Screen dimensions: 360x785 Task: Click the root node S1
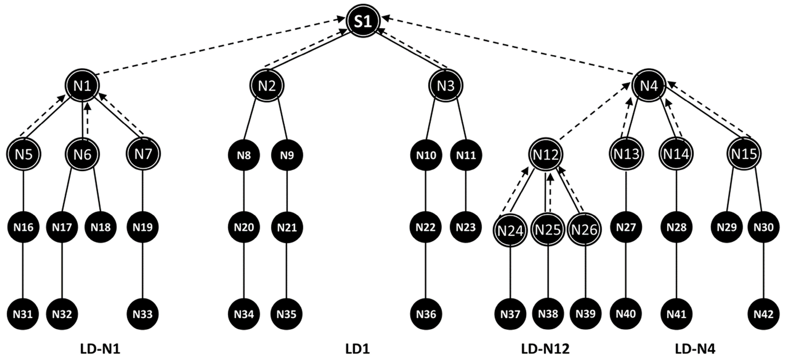tap(363, 21)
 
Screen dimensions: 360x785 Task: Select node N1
tap(83, 86)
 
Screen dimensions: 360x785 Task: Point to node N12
tap(546, 155)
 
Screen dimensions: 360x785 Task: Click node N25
tap(548, 230)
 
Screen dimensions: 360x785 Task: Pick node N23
tap(466, 227)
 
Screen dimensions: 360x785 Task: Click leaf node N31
tap(23, 314)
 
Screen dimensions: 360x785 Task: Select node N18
tap(100, 227)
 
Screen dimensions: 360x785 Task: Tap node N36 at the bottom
tap(426, 314)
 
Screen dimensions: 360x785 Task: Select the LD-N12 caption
tap(545, 349)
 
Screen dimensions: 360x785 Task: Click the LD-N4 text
tap(695, 349)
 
